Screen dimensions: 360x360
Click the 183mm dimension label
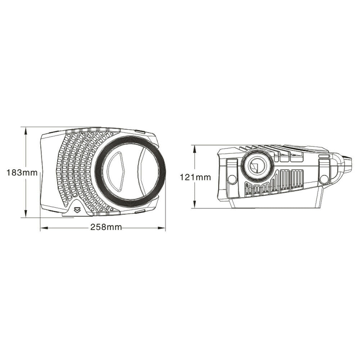pos(22,172)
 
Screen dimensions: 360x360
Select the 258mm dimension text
pos(106,228)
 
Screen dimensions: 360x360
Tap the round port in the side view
pos(256,166)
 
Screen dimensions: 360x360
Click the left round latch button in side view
pos(232,179)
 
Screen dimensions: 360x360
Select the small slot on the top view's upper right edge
pos(140,132)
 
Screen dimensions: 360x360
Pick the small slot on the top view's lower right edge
pos(140,212)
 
